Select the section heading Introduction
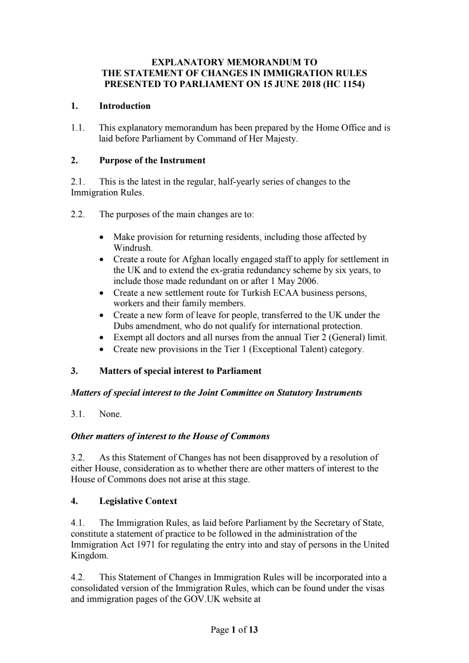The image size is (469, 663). point(124,106)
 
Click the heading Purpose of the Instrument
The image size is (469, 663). point(152,160)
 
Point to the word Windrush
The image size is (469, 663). point(132,248)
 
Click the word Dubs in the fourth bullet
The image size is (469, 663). point(123,326)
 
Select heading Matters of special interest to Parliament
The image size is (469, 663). point(180,371)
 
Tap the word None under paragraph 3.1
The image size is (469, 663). point(110,415)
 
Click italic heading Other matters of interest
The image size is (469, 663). point(170,436)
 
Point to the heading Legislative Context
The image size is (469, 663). point(138,501)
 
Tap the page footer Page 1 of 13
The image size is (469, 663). point(234,630)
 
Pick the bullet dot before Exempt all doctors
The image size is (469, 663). point(102,338)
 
